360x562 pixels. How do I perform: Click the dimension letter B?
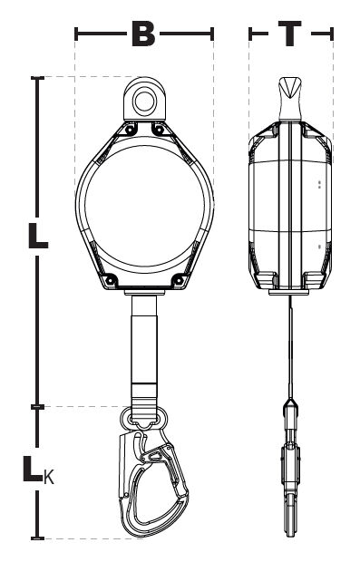coord(143,34)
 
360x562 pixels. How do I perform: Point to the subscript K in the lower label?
coord(48,476)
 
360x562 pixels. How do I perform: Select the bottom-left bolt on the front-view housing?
coord(107,278)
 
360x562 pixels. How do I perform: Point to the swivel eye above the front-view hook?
coord(143,418)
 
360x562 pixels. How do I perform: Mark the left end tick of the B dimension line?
coord(76,34)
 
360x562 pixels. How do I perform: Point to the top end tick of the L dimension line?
coord(36,79)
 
